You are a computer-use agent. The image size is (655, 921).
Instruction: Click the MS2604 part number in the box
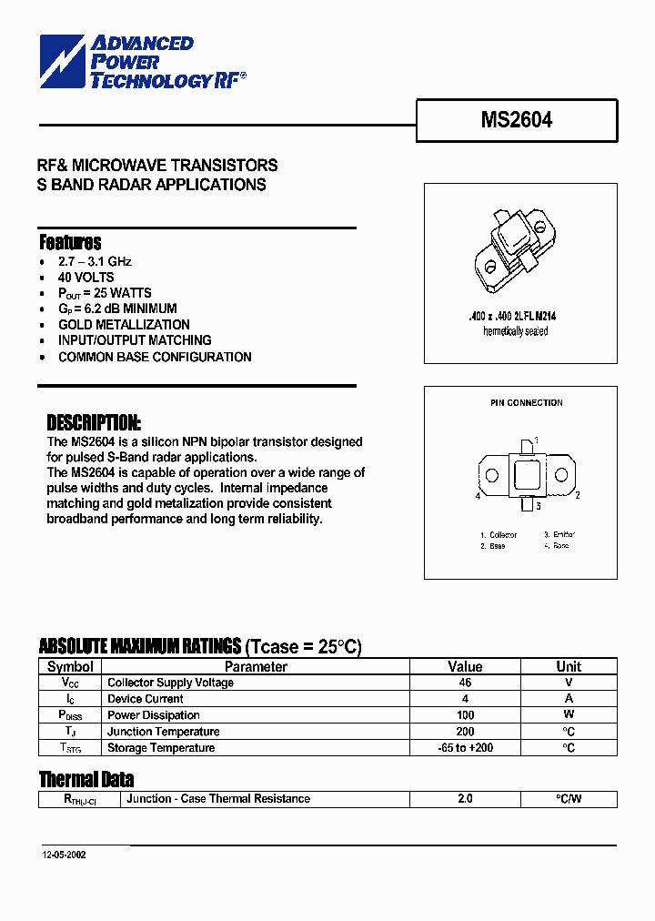pos(516,120)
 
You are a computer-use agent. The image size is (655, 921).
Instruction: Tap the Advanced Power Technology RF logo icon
pos(62,60)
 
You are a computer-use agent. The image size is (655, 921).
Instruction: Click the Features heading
pos(70,242)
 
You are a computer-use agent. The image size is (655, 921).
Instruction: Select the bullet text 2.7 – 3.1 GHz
pos(95,261)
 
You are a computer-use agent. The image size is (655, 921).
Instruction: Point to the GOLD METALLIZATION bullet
pos(124,325)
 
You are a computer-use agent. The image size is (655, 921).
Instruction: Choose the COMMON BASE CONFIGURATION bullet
pos(155,357)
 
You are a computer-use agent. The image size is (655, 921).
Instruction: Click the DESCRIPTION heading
pos(94,423)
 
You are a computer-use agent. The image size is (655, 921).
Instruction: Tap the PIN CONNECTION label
pos(520,402)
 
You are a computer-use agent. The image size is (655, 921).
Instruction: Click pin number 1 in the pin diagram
pos(537,440)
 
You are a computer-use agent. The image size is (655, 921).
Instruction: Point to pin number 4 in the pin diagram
pos(478,496)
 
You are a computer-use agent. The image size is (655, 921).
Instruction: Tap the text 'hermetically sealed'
pos(515,331)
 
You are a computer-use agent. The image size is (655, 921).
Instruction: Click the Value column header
pos(465,666)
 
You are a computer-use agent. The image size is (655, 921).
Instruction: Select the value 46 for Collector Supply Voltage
pos(465,683)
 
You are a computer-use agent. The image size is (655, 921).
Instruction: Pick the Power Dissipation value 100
pos(465,715)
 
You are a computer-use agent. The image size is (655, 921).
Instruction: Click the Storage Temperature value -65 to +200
pos(465,748)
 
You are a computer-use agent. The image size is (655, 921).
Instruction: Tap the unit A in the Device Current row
pos(569,699)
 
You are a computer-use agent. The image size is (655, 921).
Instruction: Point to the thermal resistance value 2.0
pos(465,799)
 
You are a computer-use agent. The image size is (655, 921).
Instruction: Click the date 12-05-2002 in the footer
pos(64,856)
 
